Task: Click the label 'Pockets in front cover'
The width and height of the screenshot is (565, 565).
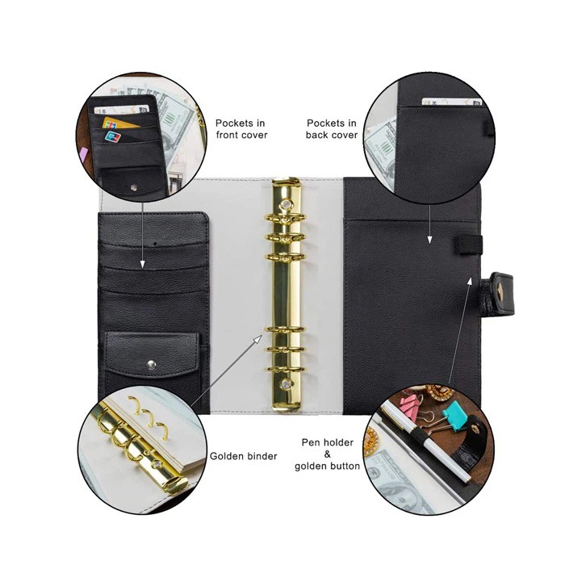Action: tap(241, 129)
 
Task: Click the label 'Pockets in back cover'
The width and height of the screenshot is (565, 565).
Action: tap(332, 129)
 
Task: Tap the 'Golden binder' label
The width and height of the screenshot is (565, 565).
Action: tap(243, 456)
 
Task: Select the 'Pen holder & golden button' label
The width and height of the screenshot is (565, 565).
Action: tap(327, 454)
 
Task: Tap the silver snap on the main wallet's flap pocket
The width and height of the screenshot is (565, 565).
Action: tap(152, 365)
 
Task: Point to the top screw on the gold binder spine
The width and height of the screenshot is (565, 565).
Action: tap(287, 205)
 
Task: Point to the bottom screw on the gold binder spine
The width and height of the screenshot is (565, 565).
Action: tap(286, 384)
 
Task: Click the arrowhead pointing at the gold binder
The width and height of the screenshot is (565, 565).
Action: tap(258, 340)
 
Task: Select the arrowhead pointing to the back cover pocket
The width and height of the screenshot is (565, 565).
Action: tap(429, 239)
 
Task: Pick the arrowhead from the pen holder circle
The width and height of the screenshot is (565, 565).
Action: tap(470, 282)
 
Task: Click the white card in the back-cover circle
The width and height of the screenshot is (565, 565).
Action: tap(451, 102)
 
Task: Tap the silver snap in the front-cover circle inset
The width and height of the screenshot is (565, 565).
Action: tap(134, 187)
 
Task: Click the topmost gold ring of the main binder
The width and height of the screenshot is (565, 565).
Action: tap(286, 218)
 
